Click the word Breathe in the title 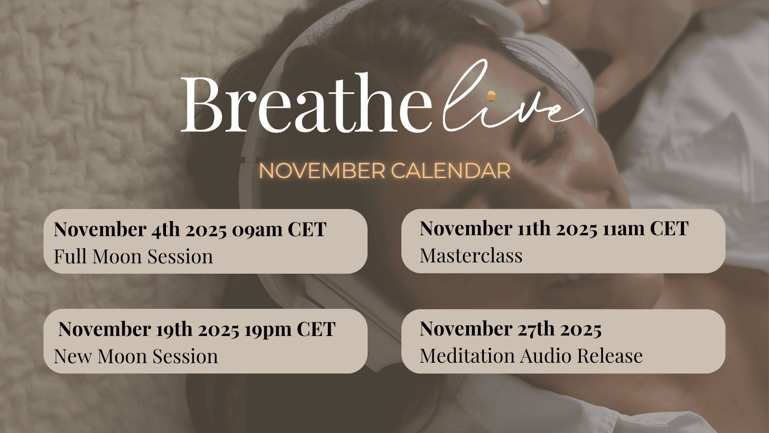pos(306,103)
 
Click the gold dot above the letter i pos(491,97)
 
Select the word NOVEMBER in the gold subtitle pos(322,171)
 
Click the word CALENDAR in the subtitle pos(451,171)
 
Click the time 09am pos(257,229)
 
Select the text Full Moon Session pos(133,256)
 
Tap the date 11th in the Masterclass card pos(534,228)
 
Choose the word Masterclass pos(471,255)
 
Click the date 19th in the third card pos(174,329)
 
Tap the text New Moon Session pos(136,356)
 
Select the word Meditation pos(467,356)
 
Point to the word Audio pos(545,356)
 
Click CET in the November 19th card pos(316,329)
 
